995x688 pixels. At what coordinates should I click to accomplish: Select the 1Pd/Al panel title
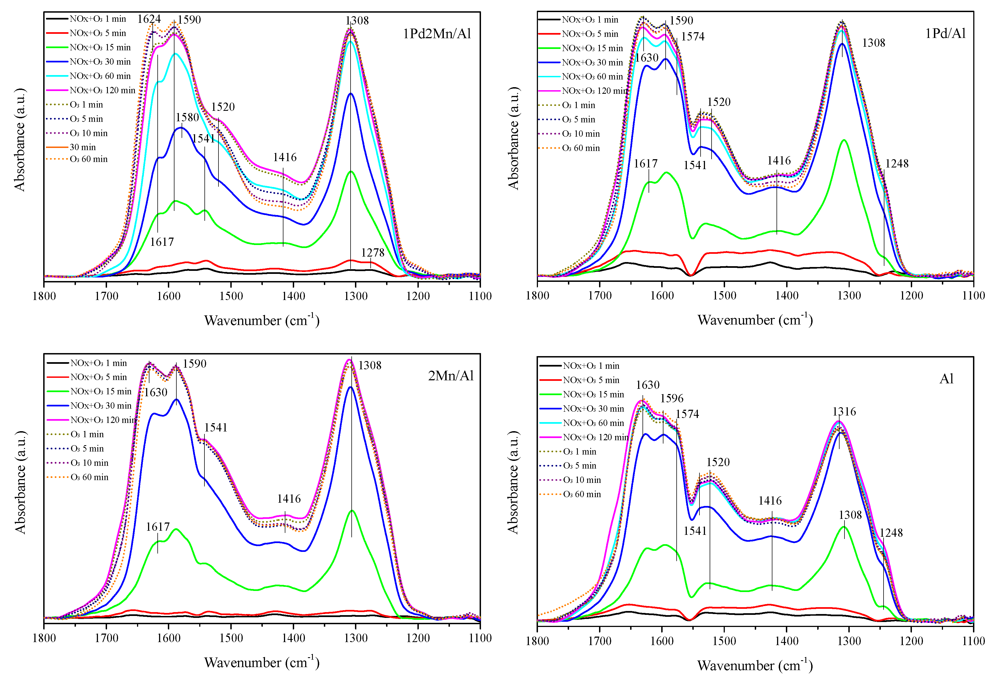click(x=945, y=33)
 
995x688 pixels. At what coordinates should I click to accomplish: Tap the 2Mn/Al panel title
click(x=451, y=376)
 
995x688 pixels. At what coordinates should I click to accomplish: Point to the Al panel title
click(x=946, y=379)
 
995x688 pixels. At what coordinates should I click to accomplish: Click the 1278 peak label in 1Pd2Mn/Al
click(x=372, y=253)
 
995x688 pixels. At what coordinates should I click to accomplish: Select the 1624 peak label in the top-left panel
click(x=149, y=19)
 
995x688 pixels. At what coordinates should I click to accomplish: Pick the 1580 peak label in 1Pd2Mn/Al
click(x=187, y=117)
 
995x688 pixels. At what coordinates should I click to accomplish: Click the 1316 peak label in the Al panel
click(x=844, y=412)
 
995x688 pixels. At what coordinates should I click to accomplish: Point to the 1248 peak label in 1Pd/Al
click(x=897, y=164)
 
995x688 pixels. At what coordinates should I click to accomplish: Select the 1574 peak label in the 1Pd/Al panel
click(x=693, y=37)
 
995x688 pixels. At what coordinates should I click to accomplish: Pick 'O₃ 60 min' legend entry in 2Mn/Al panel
click(x=89, y=477)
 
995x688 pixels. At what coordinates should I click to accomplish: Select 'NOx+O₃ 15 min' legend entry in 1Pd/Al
click(x=592, y=48)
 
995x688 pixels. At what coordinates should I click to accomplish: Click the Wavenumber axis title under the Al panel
click(x=755, y=665)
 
